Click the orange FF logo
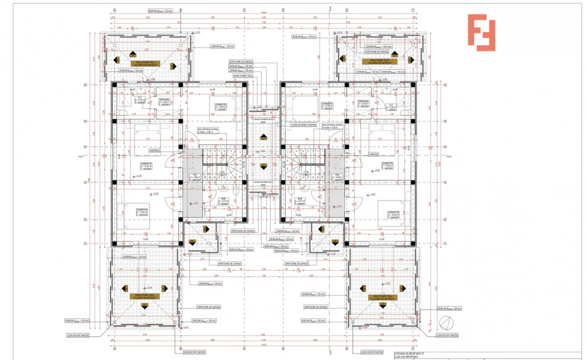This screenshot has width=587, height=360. click(481, 32)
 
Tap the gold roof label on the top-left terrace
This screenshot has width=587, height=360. click(145, 63)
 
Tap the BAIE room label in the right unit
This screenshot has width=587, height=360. click(299, 200)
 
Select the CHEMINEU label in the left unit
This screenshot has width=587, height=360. click(155, 151)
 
